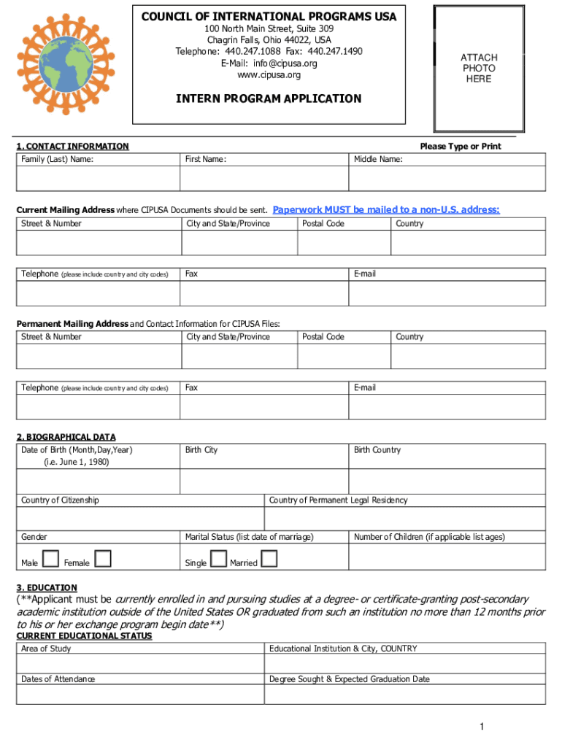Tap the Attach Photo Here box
point(478,68)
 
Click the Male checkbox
point(50,560)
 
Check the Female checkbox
point(104,560)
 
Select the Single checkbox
point(218,560)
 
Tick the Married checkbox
point(269,560)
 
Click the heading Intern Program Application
point(269,98)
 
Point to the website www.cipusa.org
point(269,74)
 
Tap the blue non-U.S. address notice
point(386,210)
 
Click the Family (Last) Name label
point(57,159)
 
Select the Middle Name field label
point(378,159)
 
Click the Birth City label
point(201,450)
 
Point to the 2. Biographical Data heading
point(66,437)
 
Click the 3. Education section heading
point(47,587)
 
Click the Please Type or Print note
point(461,147)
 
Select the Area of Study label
point(46,649)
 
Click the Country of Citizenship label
point(60,500)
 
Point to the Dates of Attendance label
point(58,679)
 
